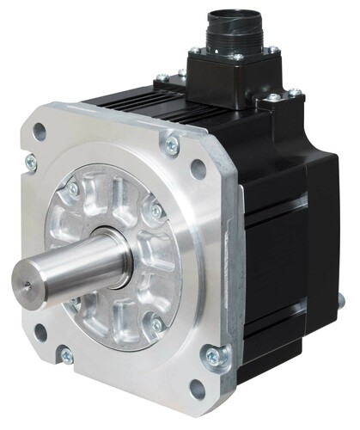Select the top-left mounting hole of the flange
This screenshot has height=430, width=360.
[39, 132]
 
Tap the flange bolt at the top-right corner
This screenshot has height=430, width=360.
[173, 144]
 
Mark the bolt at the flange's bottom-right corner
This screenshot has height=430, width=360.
[211, 353]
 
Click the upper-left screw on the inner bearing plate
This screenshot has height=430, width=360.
[72, 188]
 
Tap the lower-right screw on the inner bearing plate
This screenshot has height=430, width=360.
[157, 323]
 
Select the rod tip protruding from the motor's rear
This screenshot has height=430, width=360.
[342, 302]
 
